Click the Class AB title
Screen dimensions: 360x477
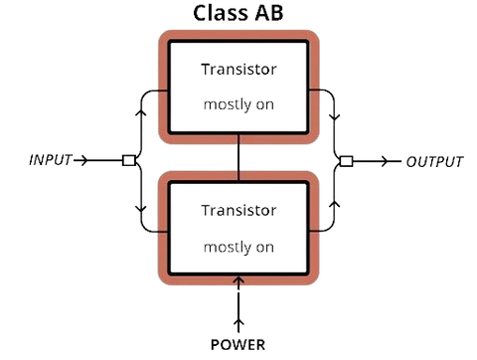click(238, 14)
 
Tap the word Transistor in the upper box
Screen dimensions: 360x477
click(238, 71)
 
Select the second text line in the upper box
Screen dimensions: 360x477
click(238, 103)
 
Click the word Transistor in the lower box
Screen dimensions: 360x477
click(238, 211)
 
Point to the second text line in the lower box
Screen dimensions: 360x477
click(238, 245)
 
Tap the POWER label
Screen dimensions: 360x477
click(238, 345)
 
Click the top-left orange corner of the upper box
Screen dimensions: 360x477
click(163, 37)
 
